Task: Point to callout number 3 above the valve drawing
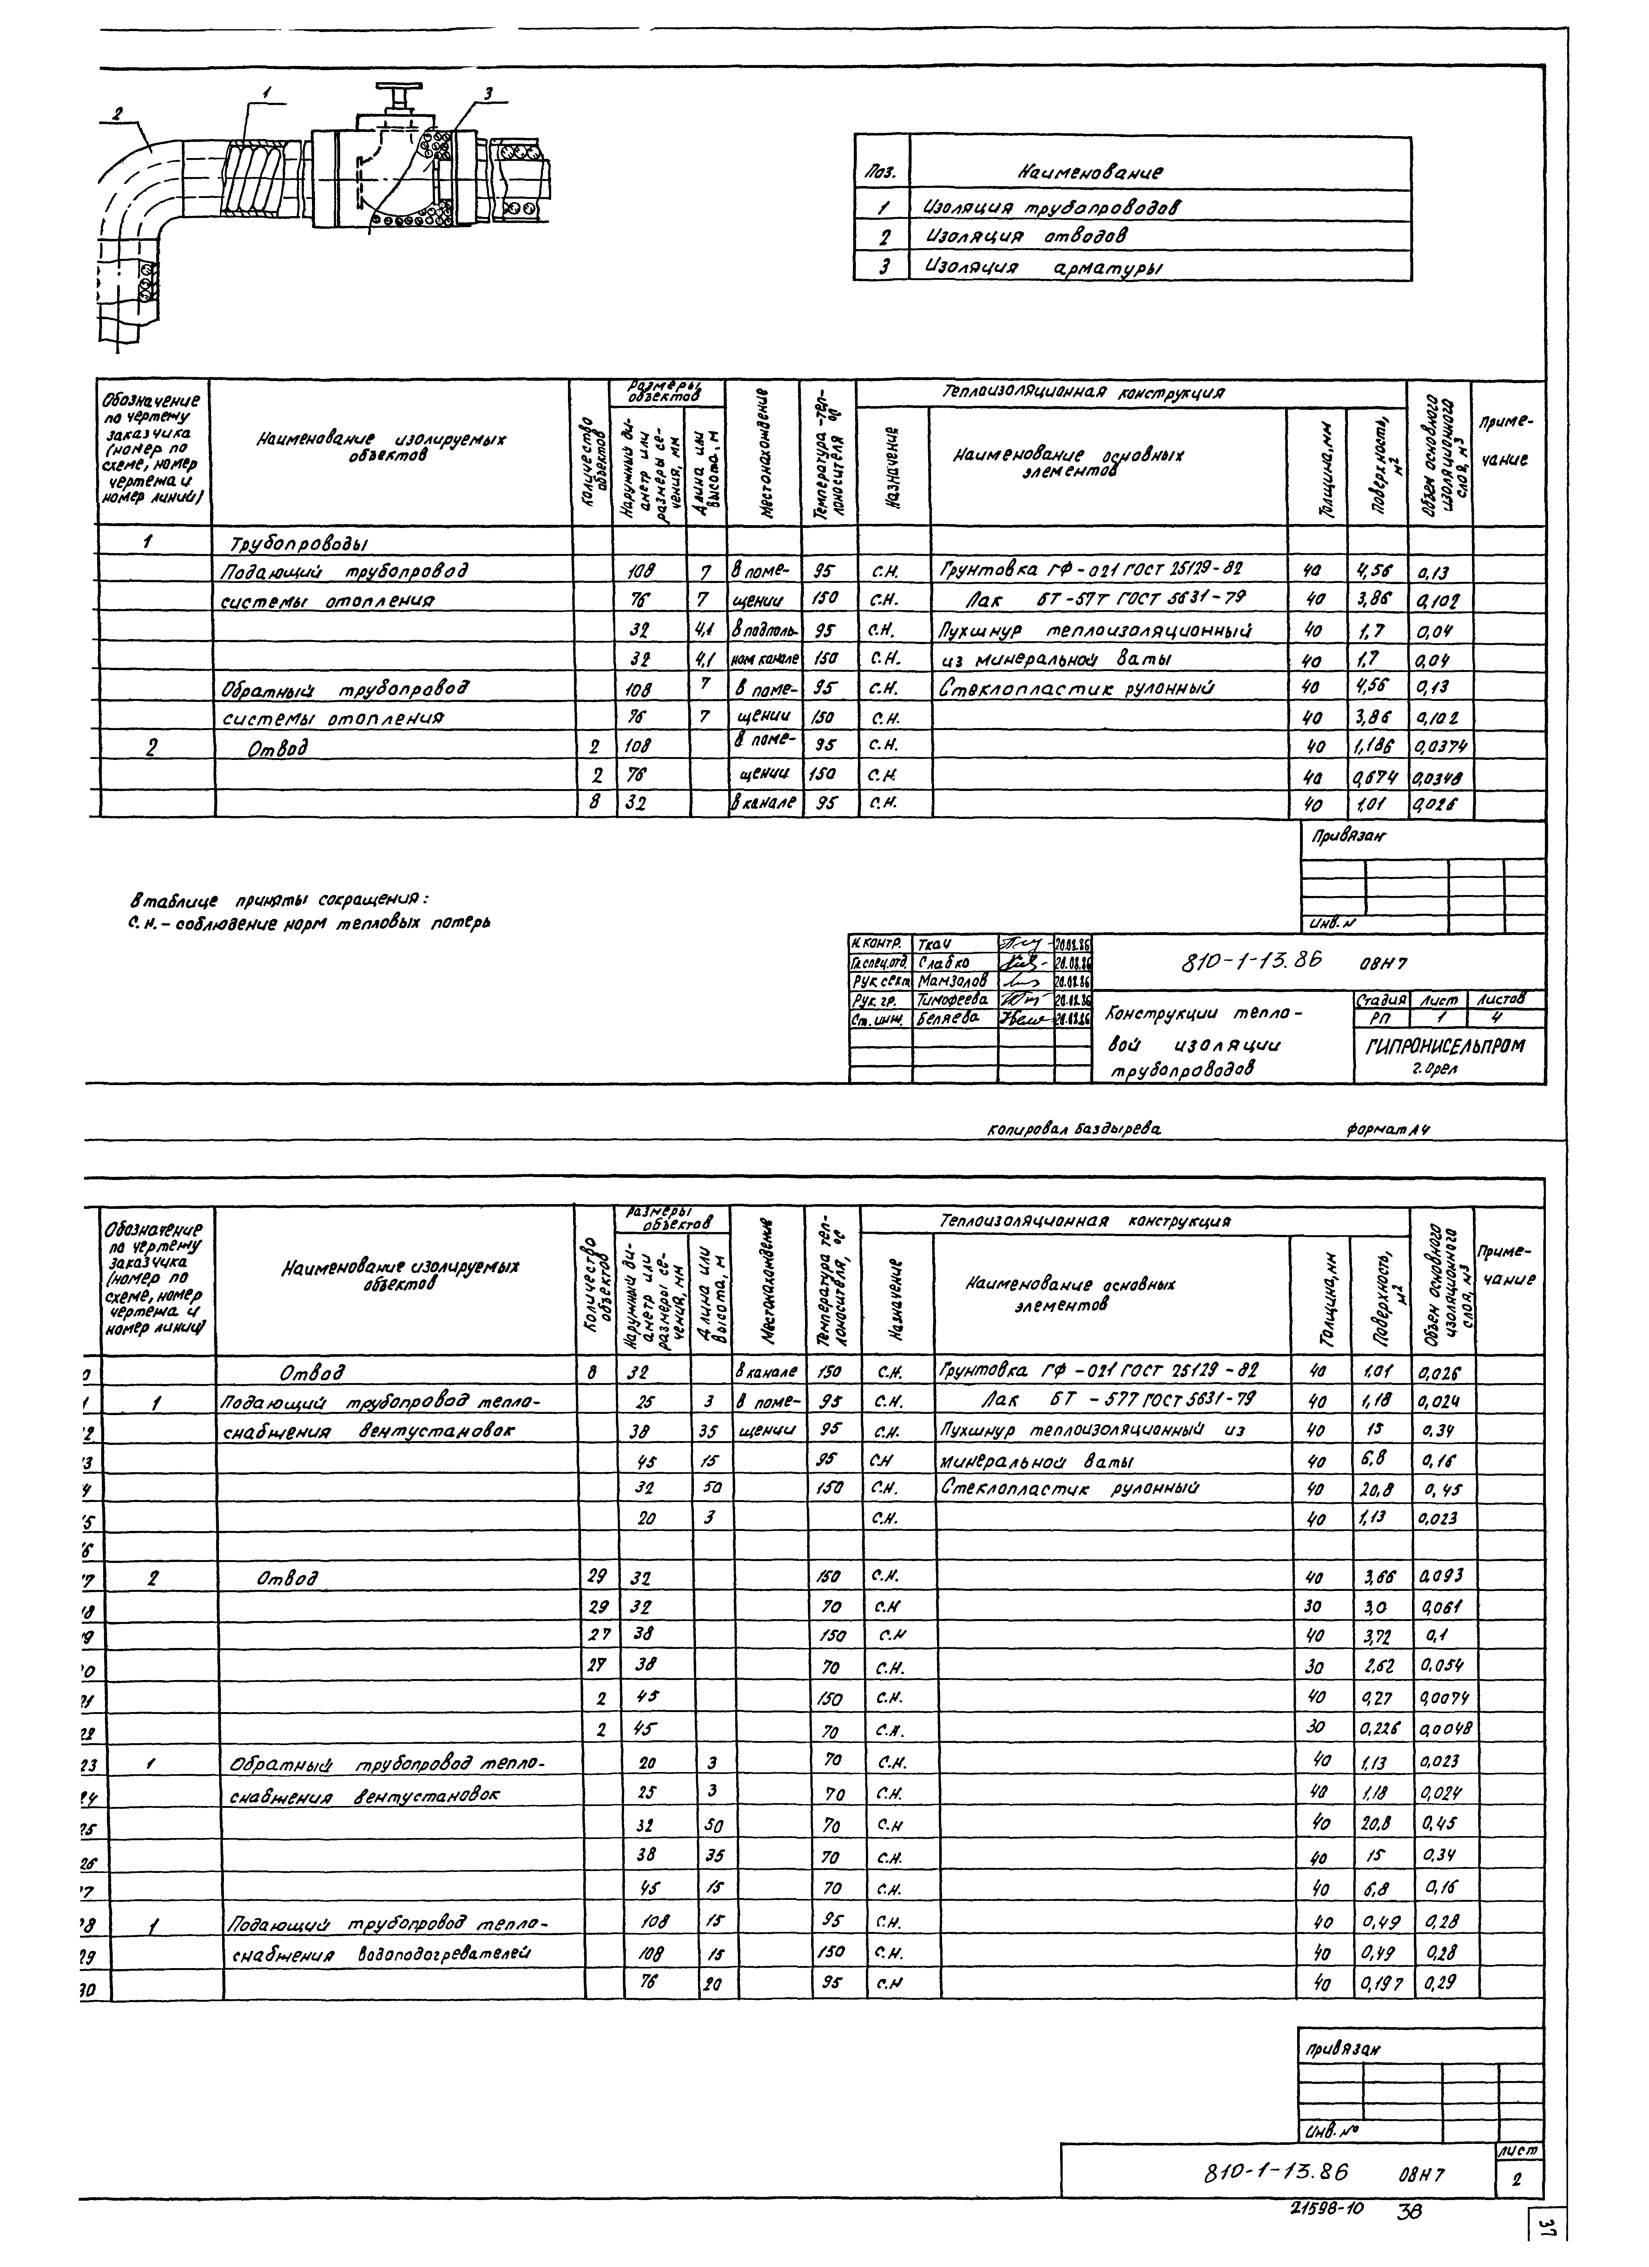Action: click(x=489, y=94)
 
